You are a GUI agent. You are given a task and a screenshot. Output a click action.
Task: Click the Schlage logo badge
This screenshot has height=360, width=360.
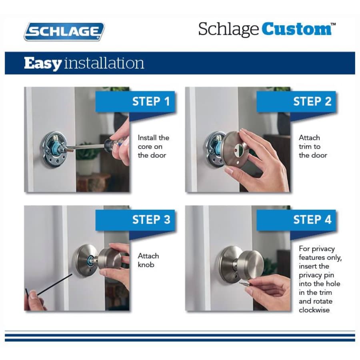pos(64,32)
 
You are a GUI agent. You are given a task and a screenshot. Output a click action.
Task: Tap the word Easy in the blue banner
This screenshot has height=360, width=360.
pos(43,63)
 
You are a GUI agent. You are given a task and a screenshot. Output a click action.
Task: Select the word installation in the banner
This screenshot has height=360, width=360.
pos(104,63)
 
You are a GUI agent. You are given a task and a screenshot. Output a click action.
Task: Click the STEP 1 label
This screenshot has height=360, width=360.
pos(151,102)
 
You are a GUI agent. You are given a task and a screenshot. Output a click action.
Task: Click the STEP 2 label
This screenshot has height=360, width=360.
pos(312,102)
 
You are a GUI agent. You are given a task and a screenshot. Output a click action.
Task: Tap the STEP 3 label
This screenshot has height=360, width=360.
pos(151,220)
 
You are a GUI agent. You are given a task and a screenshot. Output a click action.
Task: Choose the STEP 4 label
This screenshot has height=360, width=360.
pos(312,220)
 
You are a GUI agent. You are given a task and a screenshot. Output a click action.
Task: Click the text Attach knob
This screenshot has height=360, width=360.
pos(148,260)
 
